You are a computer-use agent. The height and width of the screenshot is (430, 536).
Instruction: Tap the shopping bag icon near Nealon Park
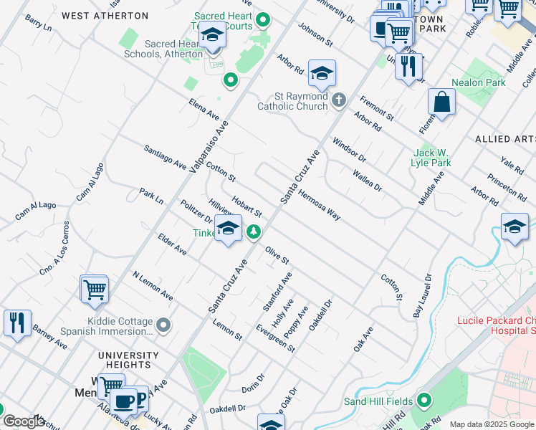[442, 102]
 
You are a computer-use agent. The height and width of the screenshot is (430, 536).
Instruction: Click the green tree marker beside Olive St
[253, 232]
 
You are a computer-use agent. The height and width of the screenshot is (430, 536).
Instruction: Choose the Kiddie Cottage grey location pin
[164, 325]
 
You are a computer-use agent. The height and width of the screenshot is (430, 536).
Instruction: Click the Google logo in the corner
[24, 421]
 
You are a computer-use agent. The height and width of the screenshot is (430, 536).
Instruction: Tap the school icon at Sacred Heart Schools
[212, 35]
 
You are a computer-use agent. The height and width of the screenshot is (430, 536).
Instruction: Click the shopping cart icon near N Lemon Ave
[94, 290]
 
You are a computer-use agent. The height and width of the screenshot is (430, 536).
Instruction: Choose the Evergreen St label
[276, 337]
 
